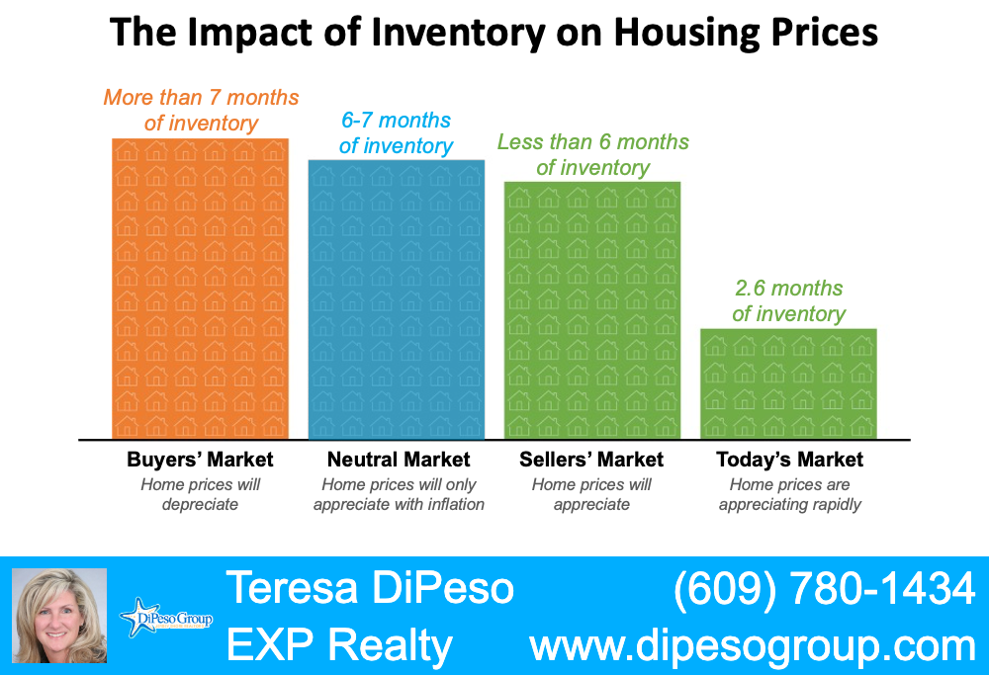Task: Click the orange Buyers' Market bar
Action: click(x=201, y=289)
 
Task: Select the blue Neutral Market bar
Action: click(x=397, y=299)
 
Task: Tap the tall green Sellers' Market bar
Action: click(x=592, y=310)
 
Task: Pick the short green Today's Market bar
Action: click(x=788, y=383)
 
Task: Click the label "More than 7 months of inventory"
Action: click(x=201, y=111)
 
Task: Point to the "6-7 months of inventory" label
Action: click(x=396, y=133)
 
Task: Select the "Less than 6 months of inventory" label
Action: click(x=592, y=155)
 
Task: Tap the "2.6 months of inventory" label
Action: click(x=788, y=301)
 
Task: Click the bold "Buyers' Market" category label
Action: click(x=200, y=460)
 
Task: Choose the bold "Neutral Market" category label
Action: click(x=399, y=460)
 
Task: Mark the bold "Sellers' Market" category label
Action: click(x=591, y=460)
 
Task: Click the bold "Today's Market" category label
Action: click(x=789, y=460)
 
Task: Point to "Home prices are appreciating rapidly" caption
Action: click(x=789, y=495)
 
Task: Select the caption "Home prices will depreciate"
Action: click(x=200, y=495)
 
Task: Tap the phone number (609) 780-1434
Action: click(x=824, y=590)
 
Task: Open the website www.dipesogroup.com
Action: click(x=753, y=645)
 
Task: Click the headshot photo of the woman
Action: click(x=59, y=616)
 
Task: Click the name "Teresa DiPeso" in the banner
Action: click(x=370, y=589)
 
